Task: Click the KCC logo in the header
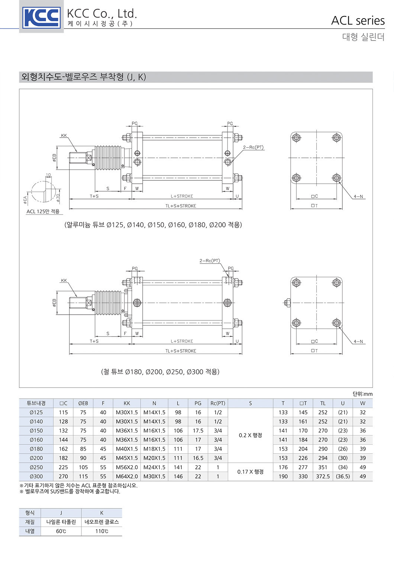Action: (41, 17)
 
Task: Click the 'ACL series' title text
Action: (358, 21)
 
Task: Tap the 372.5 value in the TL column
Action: (323, 476)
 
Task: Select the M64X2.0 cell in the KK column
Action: (127, 476)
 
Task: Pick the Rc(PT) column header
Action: (218, 403)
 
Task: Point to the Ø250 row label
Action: (36, 467)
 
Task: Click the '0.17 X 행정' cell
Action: (250, 472)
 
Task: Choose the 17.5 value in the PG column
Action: (198, 431)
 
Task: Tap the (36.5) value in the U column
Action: (343, 476)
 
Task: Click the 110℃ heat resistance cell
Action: (102, 531)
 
